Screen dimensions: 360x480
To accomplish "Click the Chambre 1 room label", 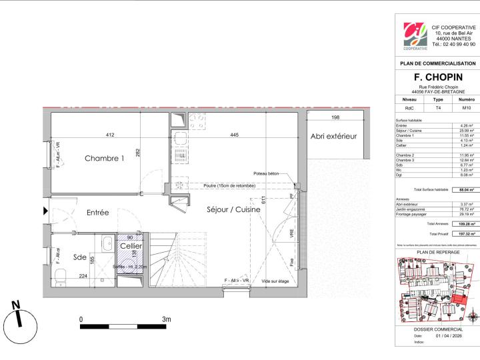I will (x=104, y=159).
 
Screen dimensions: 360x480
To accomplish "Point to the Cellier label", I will (x=130, y=246).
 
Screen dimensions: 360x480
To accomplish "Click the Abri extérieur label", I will (x=334, y=136).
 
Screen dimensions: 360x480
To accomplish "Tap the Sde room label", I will (x=79, y=257).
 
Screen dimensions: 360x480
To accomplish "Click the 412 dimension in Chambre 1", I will (x=109, y=136).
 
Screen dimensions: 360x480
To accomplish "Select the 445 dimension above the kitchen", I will (x=235, y=136).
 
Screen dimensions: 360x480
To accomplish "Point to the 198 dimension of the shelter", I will (x=335, y=118).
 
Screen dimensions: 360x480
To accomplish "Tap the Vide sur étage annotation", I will (x=275, y=281).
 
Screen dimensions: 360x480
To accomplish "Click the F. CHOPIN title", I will (x=438, y=78).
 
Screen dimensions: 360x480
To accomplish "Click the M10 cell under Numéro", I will (x=466, y=107).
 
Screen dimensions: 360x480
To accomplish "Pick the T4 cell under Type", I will (x=438, y=107).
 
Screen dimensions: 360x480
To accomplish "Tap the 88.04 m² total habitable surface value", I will (x=466, y=190).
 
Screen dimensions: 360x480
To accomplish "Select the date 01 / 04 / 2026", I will (x=448, y=335).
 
